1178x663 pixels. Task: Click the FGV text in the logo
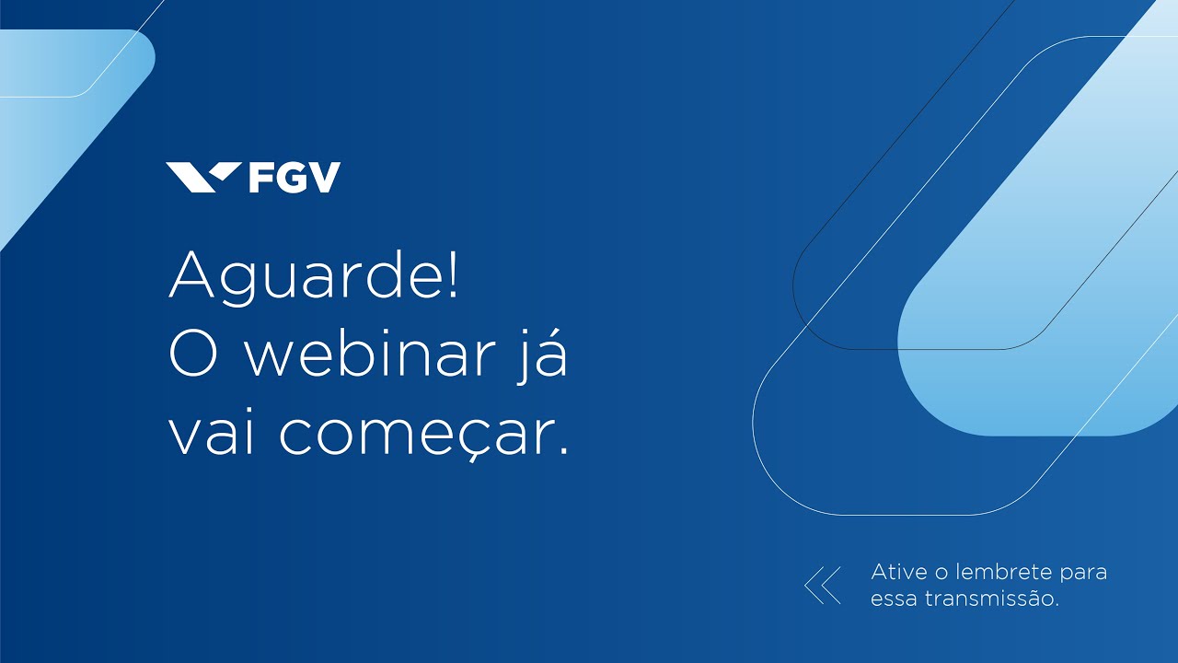tap(294, 177)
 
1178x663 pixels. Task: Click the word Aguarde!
tap(313, 276)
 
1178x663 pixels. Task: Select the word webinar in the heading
tap(368, 355)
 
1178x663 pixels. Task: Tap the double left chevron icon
tap(823, 586)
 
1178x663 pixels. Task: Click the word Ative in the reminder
tap(899, 572)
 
